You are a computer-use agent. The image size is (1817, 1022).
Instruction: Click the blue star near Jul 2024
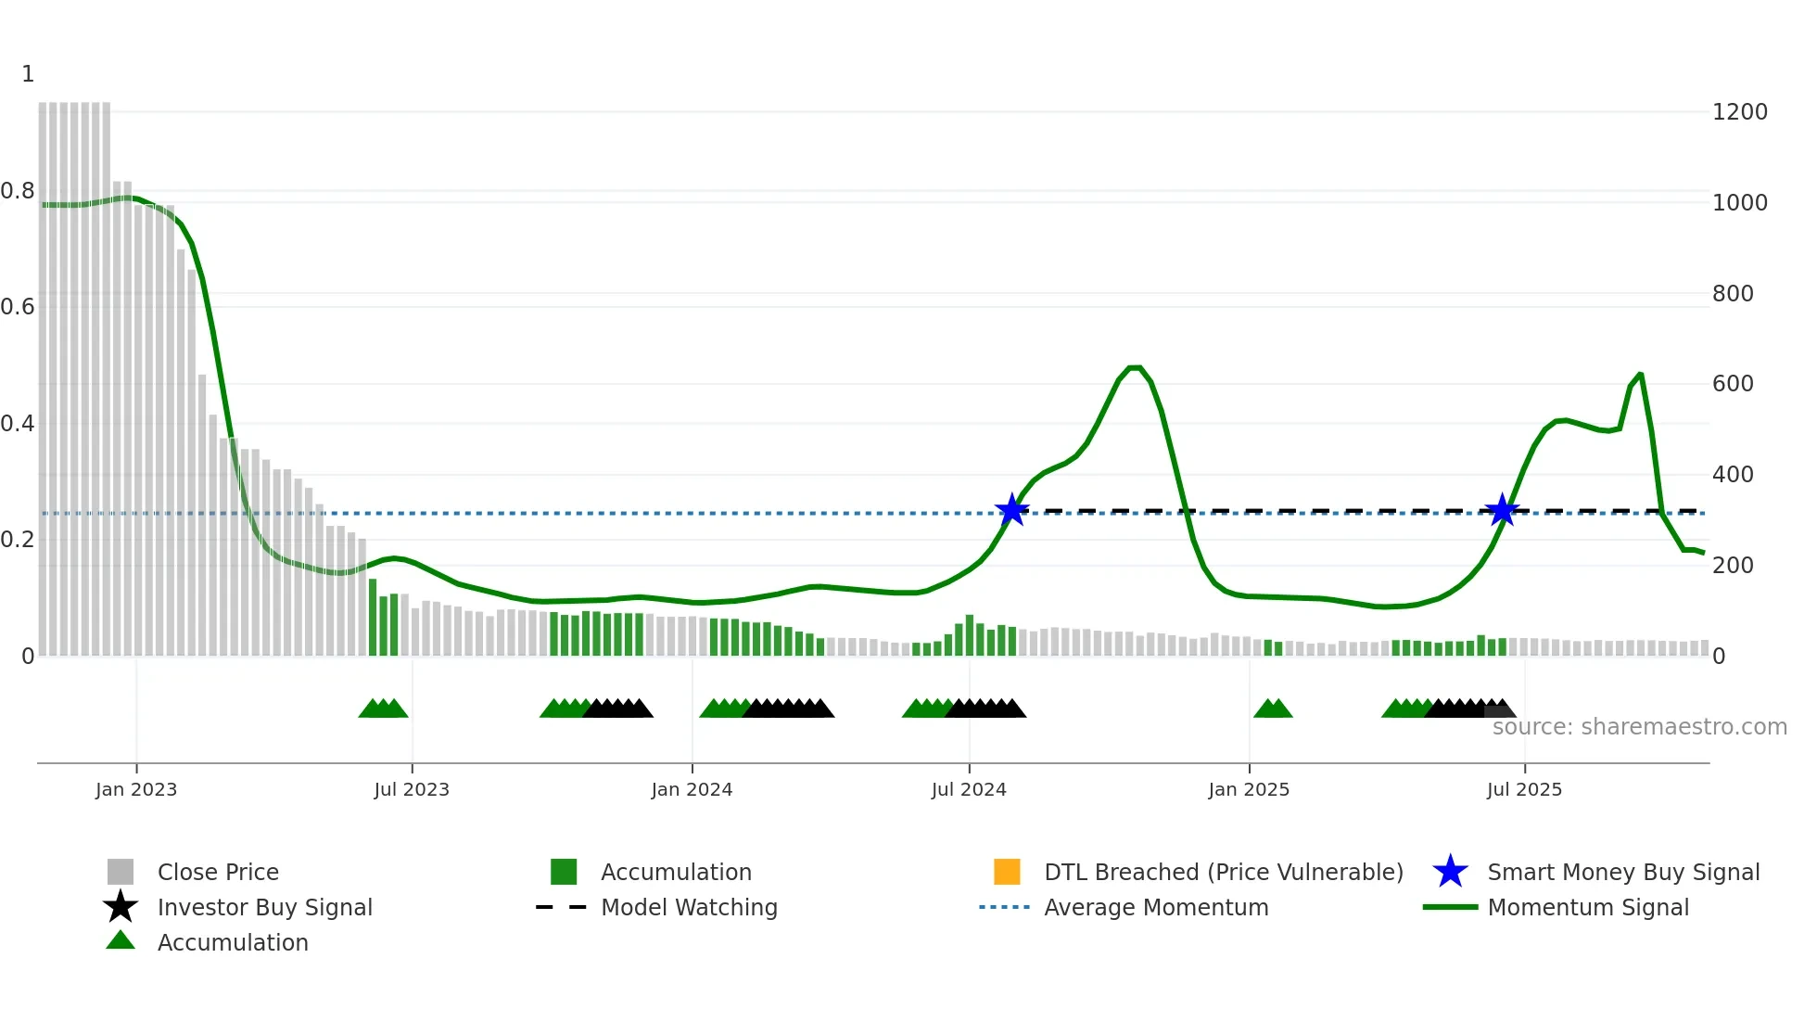coord(1012,510)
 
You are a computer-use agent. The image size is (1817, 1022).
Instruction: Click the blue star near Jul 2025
coord(1502,510)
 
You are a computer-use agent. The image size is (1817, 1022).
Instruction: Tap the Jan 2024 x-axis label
coord(692,790)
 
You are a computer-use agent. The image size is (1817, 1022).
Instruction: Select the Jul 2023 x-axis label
coord(412,790)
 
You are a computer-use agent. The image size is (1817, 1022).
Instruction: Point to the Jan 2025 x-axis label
coord(1249,790)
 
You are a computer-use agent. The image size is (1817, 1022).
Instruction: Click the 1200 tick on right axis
coord(1740,112)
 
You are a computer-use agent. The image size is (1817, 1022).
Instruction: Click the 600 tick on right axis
coord(1733,384)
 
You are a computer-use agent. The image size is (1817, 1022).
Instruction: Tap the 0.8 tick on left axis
coord(18,191)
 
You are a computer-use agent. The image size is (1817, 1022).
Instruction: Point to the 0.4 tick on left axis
coord(18,424)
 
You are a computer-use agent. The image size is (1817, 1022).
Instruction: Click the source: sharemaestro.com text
coord(1639,727)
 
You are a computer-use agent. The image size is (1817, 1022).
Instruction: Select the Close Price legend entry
coord(218,873)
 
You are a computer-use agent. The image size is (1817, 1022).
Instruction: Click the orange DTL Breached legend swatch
coord(1007,872)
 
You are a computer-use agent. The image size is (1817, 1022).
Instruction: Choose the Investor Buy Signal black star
coord(121,907)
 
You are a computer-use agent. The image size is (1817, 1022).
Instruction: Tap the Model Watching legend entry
coord(689,908)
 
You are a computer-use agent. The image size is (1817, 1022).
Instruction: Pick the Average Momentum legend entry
coord(1155,908)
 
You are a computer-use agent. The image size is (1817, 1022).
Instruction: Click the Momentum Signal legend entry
coord(1587,908)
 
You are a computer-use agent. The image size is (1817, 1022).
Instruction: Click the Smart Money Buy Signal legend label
coord(1623,873)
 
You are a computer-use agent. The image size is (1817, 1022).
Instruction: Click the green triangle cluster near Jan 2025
coord(1273,709)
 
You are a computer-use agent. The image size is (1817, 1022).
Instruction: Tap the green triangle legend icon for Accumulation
coord(121,940)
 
